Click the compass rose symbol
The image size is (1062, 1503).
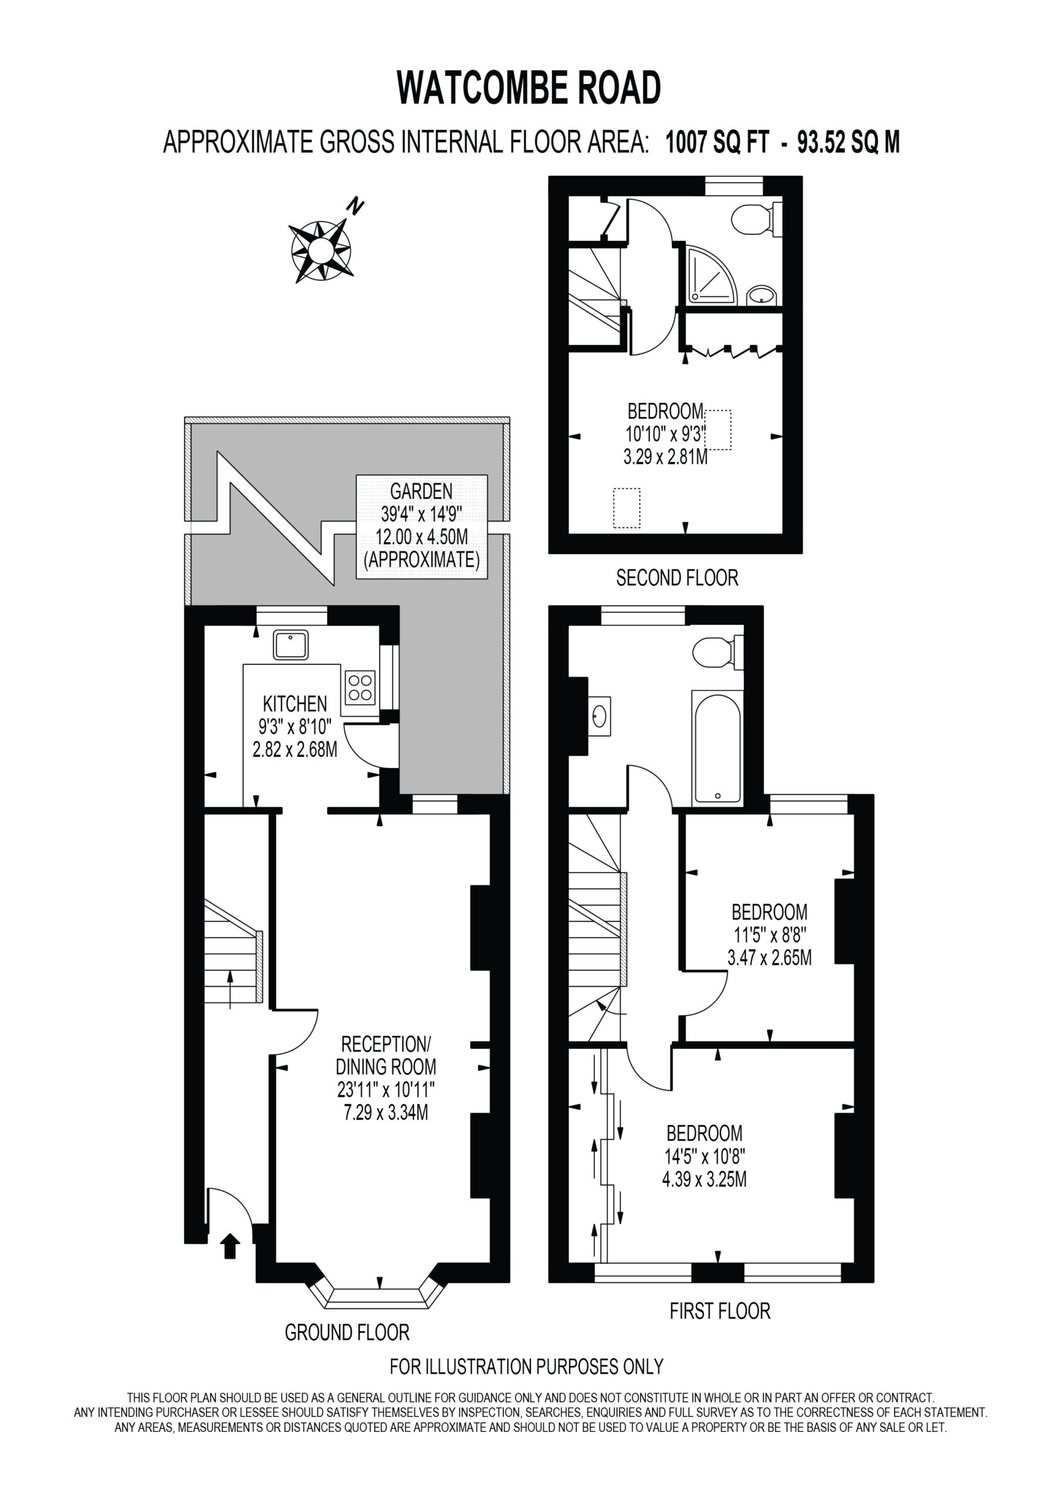[320, 250]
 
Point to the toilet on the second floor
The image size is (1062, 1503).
[756, 218]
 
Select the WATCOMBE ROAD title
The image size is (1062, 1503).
[529, 89]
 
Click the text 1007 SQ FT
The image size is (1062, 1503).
[717, 142]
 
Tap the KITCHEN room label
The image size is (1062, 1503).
[295, 704]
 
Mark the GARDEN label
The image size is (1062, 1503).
[421, 490]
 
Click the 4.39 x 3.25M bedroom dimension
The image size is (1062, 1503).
[704, 1179]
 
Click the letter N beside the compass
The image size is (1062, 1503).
[356, 206]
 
